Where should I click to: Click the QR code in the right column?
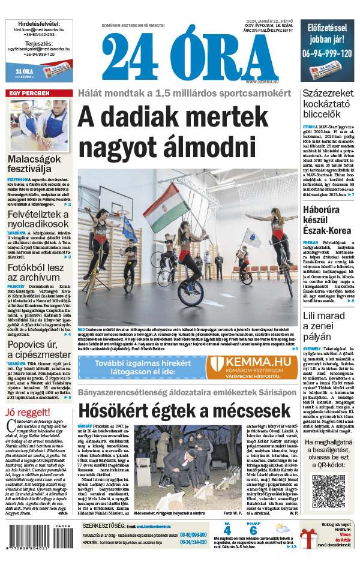(329, 491)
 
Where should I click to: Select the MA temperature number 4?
(227, 531)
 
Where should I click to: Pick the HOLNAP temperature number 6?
(253, 531)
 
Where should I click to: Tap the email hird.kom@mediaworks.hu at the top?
(38, 28)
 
